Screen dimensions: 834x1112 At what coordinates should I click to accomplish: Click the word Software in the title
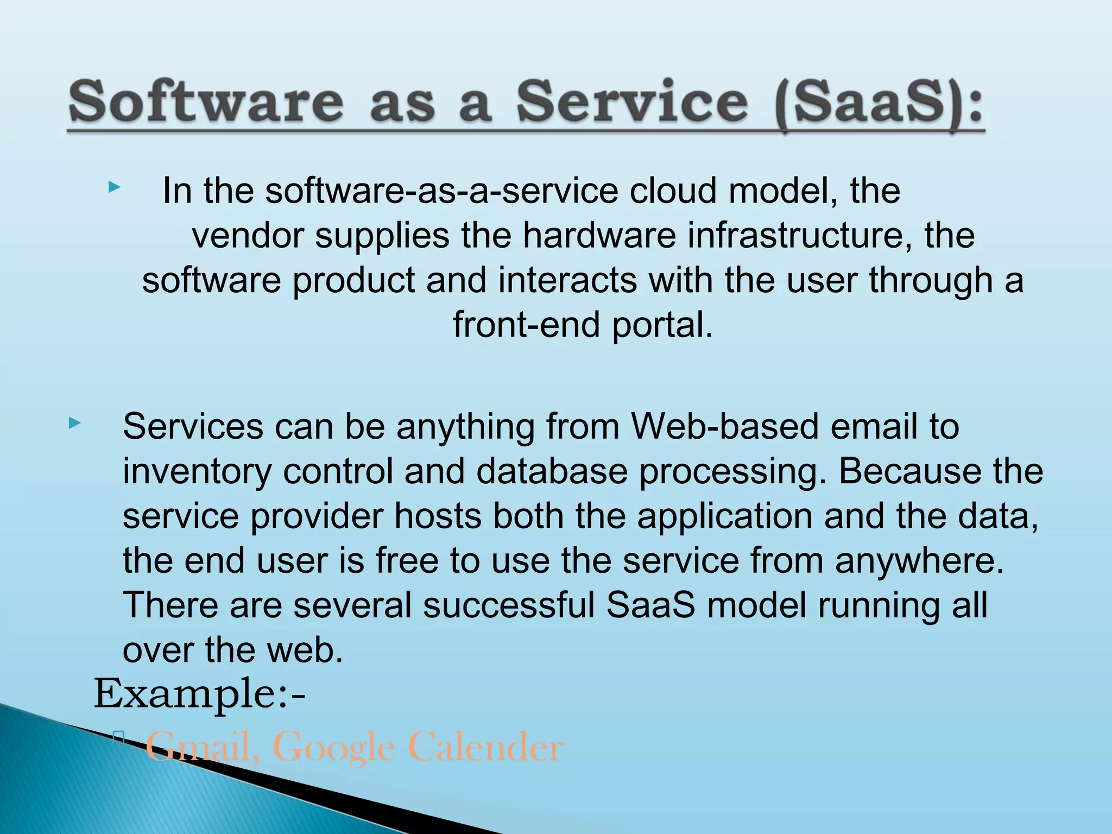tap(206, 102)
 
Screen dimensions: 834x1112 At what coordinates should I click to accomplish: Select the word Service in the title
tap(632, 102)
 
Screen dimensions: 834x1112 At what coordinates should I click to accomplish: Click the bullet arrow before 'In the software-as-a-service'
tap(113, 188)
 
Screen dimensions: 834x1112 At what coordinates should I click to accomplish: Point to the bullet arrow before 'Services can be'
tap(74, 423)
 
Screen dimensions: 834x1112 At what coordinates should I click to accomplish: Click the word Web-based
tap(725, 426)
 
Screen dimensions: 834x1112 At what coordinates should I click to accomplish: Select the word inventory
tap(197, 471)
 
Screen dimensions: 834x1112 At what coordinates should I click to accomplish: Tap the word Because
tap(910, 471)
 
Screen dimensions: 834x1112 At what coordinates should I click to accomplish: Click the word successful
tap(509, 605)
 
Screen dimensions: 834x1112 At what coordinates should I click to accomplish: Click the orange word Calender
tap(485, 747)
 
